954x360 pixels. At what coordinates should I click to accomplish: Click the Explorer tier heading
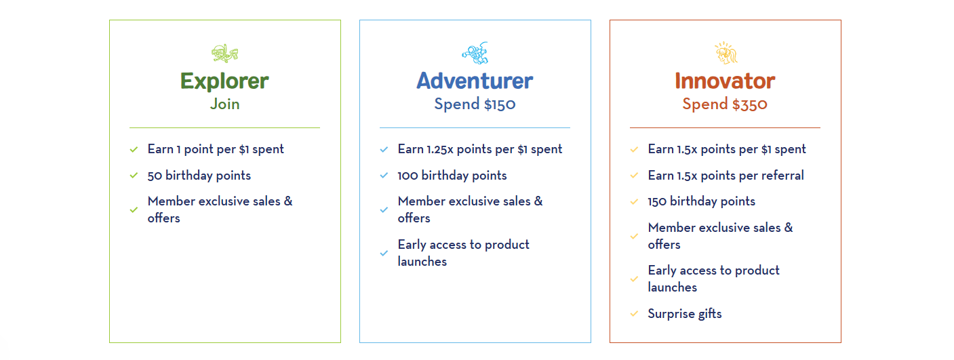tap(224, 81)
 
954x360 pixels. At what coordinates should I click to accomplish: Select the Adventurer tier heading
tap(475, 81)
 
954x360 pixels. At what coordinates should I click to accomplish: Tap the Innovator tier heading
tap(725, 81)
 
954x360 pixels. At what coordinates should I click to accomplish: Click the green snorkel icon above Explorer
tap(225, 53)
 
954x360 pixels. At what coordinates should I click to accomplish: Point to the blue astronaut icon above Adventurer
tap(475, 53)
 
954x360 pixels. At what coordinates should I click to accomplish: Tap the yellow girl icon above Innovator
tap(726, 53)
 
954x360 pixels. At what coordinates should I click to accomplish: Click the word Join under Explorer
tap(224, 104)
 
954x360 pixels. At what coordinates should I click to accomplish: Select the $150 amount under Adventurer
tap(500, 104)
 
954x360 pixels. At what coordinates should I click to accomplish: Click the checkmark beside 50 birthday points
tap(134, 176)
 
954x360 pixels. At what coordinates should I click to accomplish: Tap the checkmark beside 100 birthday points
tap(384, 176)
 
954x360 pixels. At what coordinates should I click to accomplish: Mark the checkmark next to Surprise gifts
tap(634, 314)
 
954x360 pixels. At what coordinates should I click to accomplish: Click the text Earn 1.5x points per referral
tap(726, 176)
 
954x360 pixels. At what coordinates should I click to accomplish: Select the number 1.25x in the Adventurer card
tap(440, 149)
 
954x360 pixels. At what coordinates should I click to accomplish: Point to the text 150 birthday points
tap(702, 201)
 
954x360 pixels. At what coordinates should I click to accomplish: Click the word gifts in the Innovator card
tap(710, 314)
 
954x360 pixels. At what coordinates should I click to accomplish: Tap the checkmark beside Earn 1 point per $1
tap(134, 150)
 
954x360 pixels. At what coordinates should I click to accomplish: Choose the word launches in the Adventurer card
tap(422, 262)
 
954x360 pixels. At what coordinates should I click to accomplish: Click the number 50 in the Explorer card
tap(155, 176)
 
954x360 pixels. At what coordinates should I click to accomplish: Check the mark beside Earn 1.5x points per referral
tap(634, 176)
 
